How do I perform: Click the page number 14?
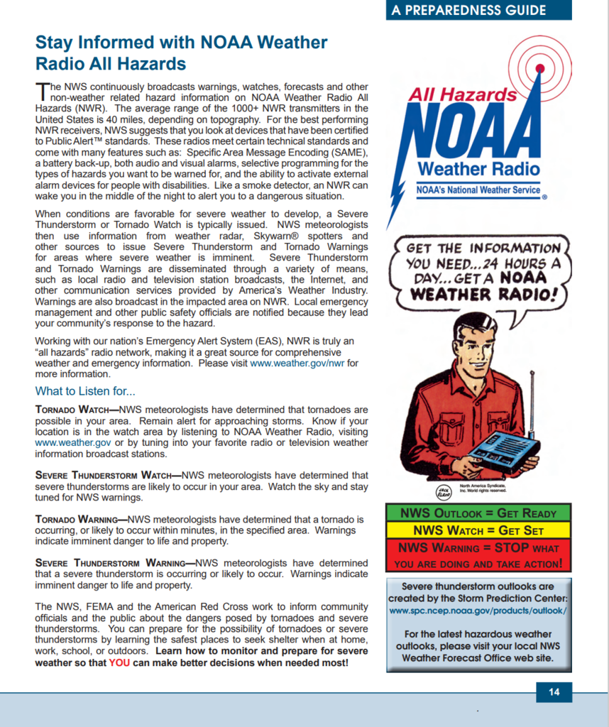(x=554, y=692)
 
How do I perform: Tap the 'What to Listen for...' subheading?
(x=85, y=391)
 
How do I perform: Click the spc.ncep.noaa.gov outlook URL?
(x=478, y=610)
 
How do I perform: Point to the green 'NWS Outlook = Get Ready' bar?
(x=478, y=513)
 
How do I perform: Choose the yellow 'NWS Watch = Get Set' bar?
(x=478, y=530)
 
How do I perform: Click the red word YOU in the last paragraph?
(x=119, y=662)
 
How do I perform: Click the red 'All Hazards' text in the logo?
(x=462, y=94)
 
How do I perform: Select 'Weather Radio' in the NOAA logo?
(x=478, y=168)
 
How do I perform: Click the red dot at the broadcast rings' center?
(x=539, y=69)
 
